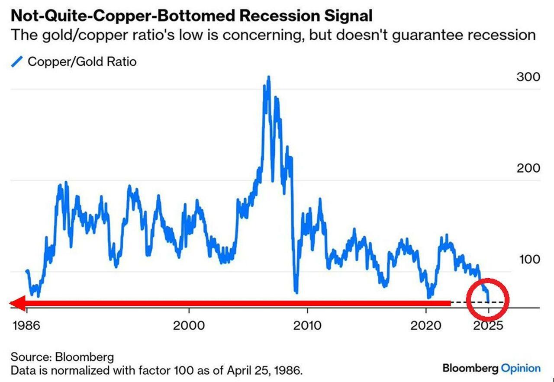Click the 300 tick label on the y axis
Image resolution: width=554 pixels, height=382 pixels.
click(x=528, y=77)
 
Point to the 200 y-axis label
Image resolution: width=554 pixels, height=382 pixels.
click(x=528, y=168)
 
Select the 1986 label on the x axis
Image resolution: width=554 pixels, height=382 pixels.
click(x=26, y=325)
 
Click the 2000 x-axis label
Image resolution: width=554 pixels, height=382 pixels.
click(x=189, y=325)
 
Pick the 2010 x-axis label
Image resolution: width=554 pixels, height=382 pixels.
click(x=307, y=325)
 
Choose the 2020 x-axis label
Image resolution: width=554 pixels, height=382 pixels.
click(x=426, y=325)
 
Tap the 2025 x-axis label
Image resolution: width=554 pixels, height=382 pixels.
click(x=488, y=325)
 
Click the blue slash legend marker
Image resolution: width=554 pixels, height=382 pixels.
click(x=16, y=62)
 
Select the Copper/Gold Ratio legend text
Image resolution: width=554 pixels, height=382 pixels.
click(x=82, y=62)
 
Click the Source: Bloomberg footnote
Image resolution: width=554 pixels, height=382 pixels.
click(x=62, y=357)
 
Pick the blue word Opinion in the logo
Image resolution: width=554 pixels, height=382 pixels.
click(x=521, y=369)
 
